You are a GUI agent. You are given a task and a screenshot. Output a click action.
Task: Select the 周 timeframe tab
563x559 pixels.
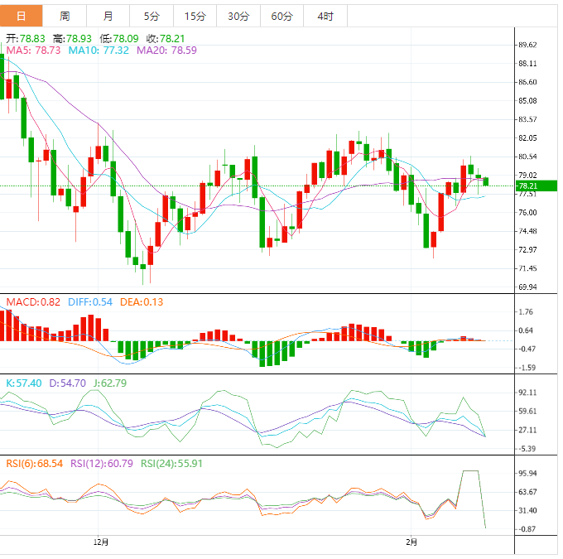tap(65, 16)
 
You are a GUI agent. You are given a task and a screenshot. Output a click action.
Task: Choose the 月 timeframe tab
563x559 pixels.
tap(108, 16)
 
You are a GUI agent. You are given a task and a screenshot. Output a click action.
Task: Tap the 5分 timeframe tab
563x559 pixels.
tap(152, 16)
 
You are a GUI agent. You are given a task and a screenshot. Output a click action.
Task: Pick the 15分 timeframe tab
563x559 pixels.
tap(195, 16)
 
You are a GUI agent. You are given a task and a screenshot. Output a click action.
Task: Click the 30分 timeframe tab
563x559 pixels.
tap(238, 16)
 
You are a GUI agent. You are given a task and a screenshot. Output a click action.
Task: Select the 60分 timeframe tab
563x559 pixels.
tap(281, 16)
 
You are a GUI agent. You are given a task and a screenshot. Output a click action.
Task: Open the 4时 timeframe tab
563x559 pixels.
tap(325, 16)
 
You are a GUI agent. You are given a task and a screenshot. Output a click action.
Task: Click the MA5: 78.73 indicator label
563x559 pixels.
tap(33, 51)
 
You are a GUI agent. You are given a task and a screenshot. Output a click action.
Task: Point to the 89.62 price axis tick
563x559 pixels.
tap(527, 45)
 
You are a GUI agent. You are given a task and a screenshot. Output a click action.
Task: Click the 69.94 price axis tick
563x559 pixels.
tap(527, 287)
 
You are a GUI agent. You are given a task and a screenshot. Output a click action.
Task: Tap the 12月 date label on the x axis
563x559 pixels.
tap(101, 542)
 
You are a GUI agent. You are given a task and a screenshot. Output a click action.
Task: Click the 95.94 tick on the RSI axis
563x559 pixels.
tap(527, 473)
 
